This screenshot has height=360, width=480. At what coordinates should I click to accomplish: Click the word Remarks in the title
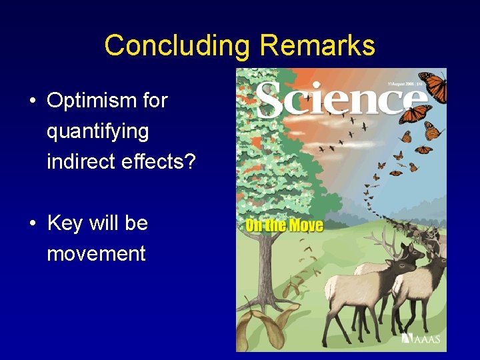click(x=317, y=46)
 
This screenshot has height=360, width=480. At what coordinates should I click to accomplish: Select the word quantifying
click(x=97, y=131)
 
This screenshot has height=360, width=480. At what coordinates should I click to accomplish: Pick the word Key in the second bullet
click(x=65, y=223)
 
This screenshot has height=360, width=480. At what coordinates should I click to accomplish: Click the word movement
click(x=96, y=254)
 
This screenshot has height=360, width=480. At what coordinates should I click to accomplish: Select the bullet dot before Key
click(x=32, y=224)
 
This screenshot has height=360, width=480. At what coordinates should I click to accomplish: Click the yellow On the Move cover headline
click(x=284, y=225)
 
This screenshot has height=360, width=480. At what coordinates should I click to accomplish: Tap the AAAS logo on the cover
click(x=423, y=339)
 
